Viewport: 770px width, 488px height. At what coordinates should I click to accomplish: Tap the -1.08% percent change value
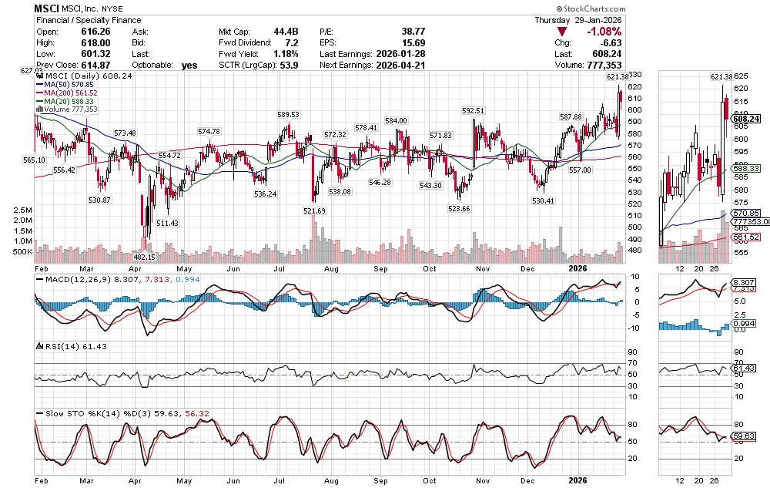pyautogui.click(x=604, y=32)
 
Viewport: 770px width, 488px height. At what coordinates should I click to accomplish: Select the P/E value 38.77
pyautogui.click(x=412, y=32)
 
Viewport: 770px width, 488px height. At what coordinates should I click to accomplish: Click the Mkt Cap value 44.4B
pyautogui.click(x=285, y=32)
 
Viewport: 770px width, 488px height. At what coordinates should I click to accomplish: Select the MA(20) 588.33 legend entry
pyautogui.click(x=70, y=101)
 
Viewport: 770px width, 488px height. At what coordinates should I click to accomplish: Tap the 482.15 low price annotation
pyautogui.click(x=144, y=257)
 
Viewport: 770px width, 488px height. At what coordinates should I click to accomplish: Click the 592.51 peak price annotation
pyautogui.click(x=473, y=111)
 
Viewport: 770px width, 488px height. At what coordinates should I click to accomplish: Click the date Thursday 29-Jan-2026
pyautogui.click(x=578, y=20)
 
